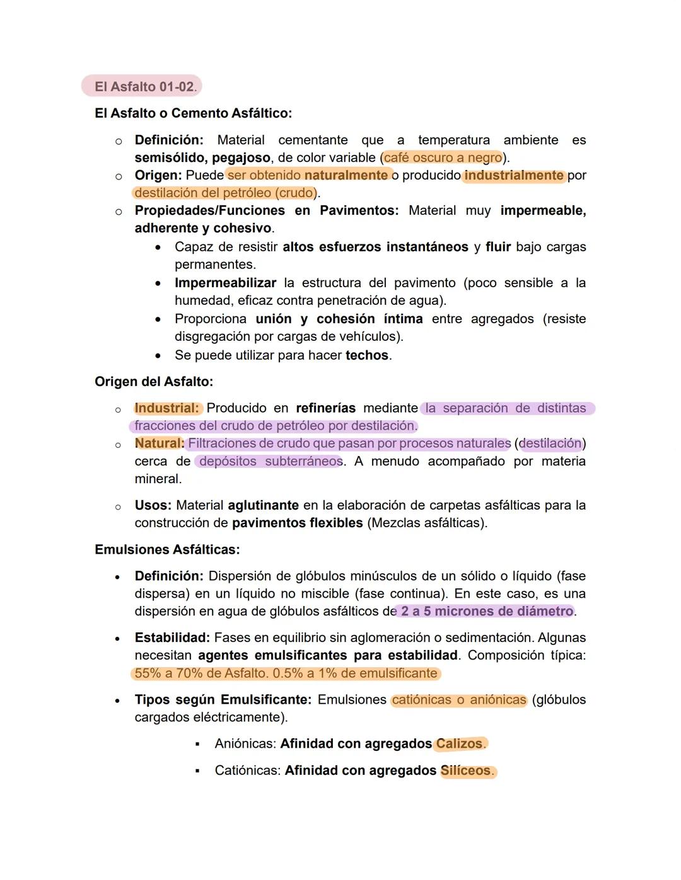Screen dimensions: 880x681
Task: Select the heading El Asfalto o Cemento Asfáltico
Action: pyautogui.click(x=193, y=113)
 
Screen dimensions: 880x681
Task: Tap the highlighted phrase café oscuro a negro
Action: pyautogui.click(x=443, y=157)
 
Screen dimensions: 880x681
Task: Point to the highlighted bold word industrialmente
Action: pyautogui.click(x=513, y=175)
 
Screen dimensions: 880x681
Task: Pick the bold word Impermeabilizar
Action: pyautogui.click(x=225, y=283)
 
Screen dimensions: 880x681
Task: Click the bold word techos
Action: pyautogui.click(x=367, y=355)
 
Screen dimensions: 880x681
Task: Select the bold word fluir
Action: pyautogui.click(x=498, y=247)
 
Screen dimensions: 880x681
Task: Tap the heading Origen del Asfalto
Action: pyautogui.click(x=154, y=382)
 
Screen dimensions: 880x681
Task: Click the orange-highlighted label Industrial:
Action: pyautogui.click(x=166, y=408)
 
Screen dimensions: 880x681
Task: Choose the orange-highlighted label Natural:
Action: pyautogui.click(x=160, y=443)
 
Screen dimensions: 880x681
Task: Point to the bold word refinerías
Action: pyautogui.click(x=325, y=408)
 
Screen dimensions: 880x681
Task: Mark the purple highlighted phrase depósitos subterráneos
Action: pyautogui.click(x=271, y=461)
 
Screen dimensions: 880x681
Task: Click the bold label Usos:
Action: pyautogui.click(x=153, y=505)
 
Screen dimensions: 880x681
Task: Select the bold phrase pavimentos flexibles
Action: pyautogui.click(x=297, y=523)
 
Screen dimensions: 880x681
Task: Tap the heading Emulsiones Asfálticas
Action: pyautogui.click(x=167, y=549)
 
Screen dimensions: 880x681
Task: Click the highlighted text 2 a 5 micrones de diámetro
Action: pyautogui.click(x=487, y=611)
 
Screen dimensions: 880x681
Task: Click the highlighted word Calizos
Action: pyautogui.click(x=460, y=744)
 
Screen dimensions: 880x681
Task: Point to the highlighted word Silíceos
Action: pyautogui.click(x=466, y=770)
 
